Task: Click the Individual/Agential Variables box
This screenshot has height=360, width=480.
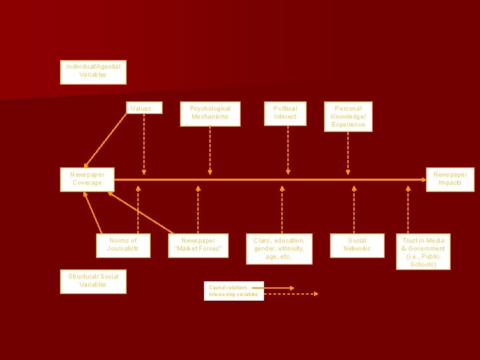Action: coord(93,71)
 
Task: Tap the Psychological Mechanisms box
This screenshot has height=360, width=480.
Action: coord(210,113)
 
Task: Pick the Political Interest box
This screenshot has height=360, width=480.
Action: coord(285,113)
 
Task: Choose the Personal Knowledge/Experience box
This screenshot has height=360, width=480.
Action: coord(348,116)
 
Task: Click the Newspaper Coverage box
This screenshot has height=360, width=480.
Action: coord(87,179)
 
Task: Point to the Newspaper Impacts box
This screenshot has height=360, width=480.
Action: coord(449,179)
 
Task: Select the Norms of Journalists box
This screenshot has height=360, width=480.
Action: coord(123,245)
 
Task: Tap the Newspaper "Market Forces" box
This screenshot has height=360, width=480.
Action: coord(198,245)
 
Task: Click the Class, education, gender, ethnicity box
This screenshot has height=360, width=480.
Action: coord(279,249)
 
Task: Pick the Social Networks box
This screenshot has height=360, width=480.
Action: coord(357,245)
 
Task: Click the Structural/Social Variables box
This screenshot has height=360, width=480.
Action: coord(93,281)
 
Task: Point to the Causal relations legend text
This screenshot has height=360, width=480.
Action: coord(228,288)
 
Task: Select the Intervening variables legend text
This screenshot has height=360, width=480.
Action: coord(233,294)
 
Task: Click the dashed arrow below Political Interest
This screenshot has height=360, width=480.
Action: coord(288,150)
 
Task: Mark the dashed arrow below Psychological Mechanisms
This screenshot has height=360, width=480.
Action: coord(210,150)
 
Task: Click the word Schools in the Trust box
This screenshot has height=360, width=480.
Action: coord(423,265)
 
